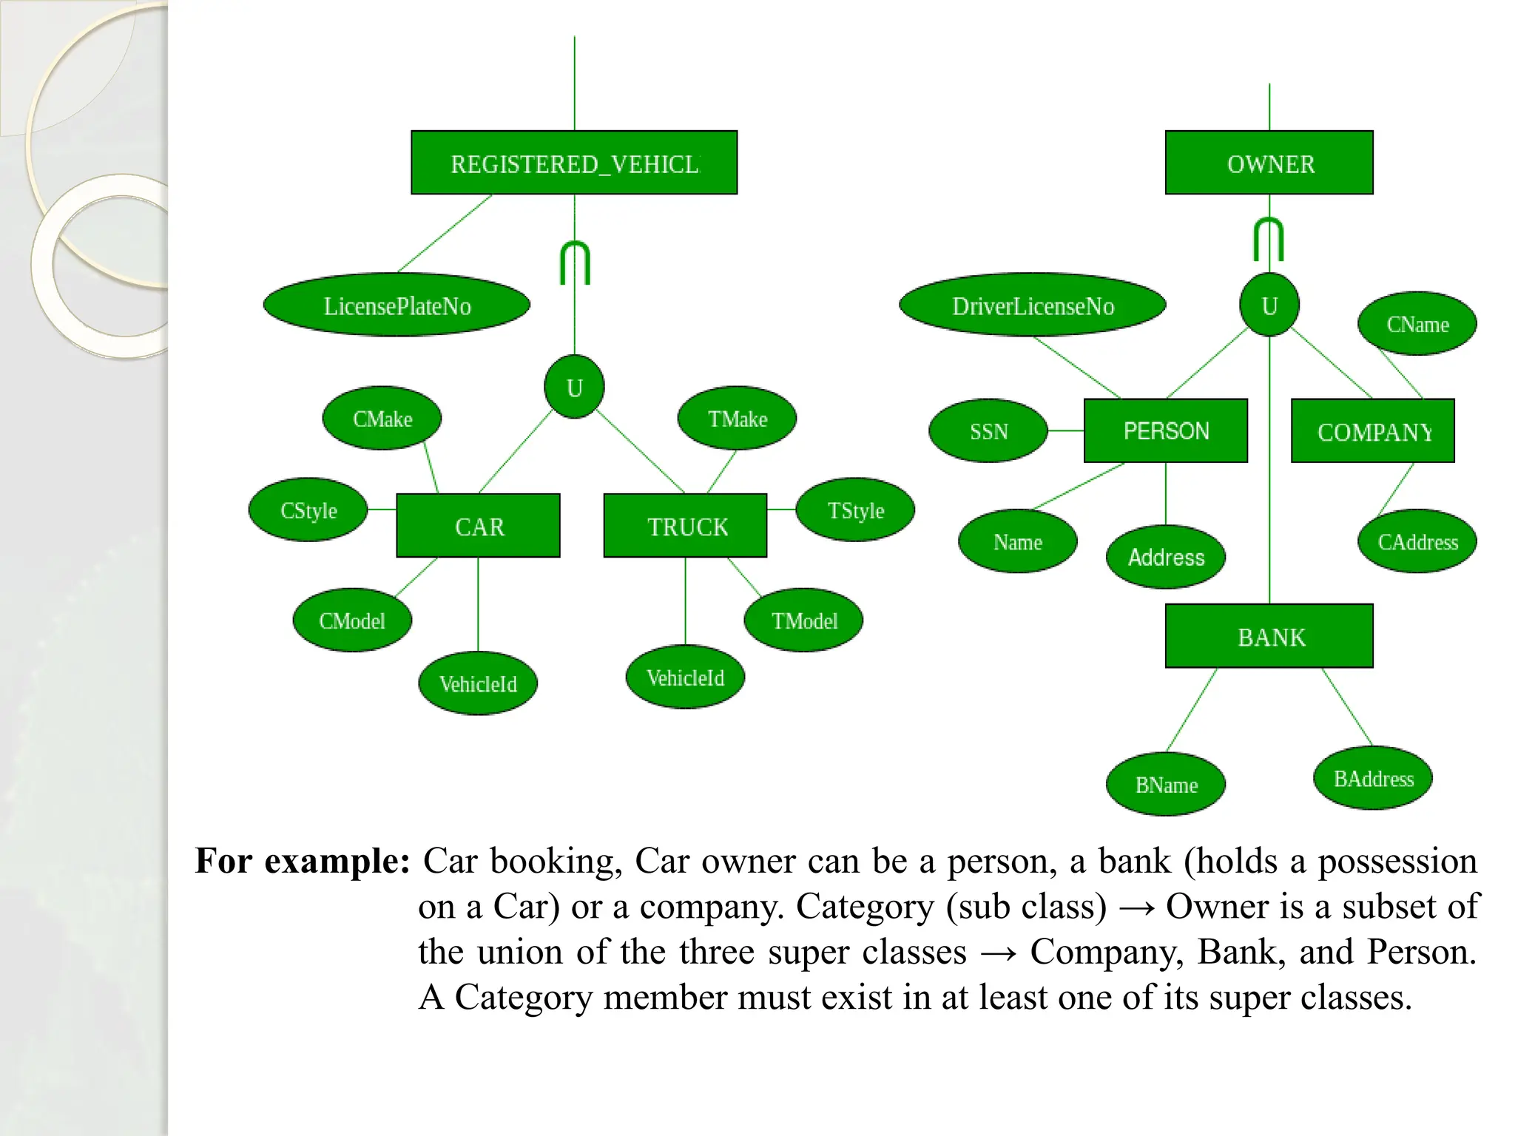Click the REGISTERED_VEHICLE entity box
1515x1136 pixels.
coord(574,163)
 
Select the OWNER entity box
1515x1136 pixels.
coord(1269,163)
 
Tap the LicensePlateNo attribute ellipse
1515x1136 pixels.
coord(397,305)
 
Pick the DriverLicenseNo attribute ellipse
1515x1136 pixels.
coord(1033,305)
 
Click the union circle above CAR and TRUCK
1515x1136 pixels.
coord(574,387)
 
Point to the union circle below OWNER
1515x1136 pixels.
coord(1269,305)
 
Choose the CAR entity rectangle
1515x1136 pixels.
coord(479,526)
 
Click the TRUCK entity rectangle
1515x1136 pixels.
coord(686,526)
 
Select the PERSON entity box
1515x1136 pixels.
coord(1166,430)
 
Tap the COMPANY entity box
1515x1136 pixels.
coord(1373,431)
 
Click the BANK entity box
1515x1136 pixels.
coord(1269,636)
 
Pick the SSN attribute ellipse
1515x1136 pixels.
coord(988,431)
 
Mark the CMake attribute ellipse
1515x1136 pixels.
coord(382,419)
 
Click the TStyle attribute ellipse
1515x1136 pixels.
coord(855,510)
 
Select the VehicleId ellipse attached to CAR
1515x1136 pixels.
coord(478,683)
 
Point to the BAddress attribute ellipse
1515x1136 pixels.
coord(1373,778)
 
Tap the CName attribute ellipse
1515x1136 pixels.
coord(1417,324)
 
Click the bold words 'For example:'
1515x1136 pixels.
coord(302,861)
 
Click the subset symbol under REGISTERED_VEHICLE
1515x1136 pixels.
coord(575,263)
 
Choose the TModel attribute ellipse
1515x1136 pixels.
coord(803,621)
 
